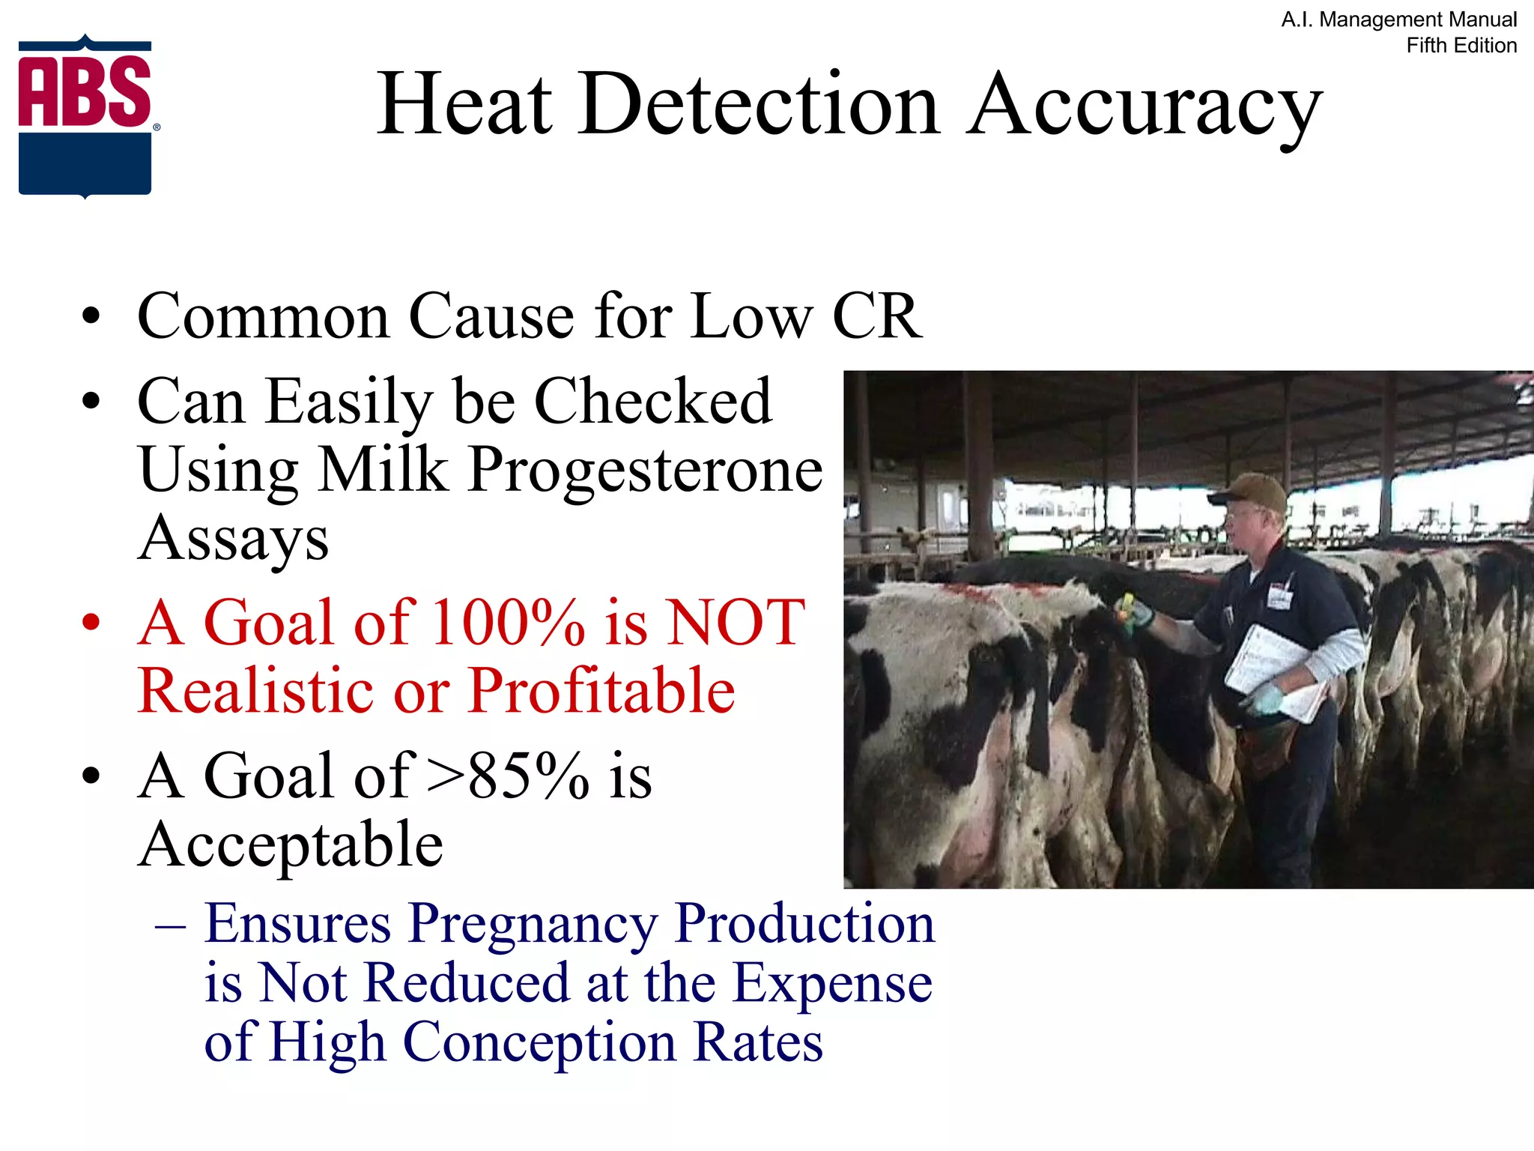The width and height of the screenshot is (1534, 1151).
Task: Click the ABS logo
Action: [x=85, y=116]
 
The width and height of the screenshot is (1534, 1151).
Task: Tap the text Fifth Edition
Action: [x=1461, y=46]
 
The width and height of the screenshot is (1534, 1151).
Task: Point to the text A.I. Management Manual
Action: [x=1398, y=19]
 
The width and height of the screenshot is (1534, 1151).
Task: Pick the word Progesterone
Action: [x=646, y=471]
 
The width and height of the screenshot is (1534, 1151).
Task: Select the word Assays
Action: [x=234, y=538]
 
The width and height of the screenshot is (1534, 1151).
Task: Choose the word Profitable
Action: [x=601, y=691]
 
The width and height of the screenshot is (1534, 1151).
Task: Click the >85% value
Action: [x=507, y=776]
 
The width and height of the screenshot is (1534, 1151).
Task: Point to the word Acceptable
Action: [x=291, y=845]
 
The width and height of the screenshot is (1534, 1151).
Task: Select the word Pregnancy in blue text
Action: [x=533, y=924]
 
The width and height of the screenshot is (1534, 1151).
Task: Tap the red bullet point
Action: [x=91, y=623]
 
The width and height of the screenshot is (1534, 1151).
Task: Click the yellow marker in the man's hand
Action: [x=1127, y=604]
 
